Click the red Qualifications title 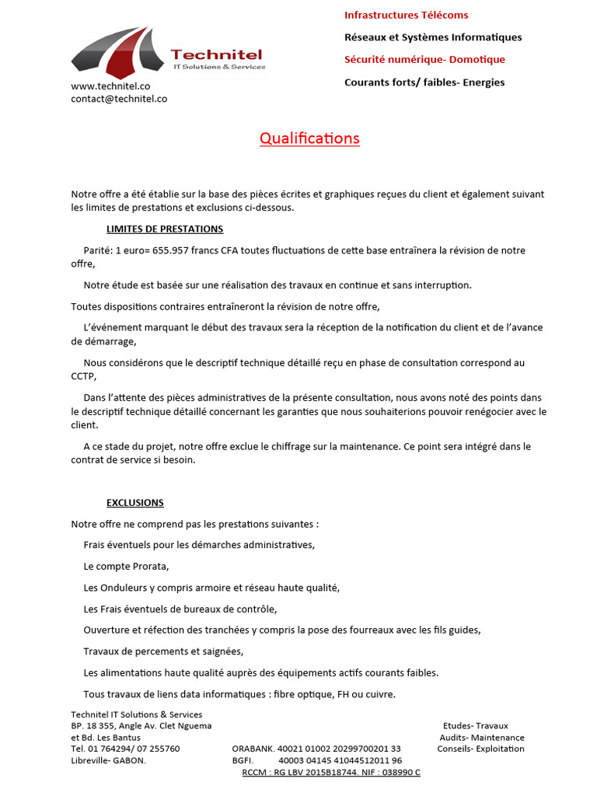point(309,138)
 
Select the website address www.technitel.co point(110,86)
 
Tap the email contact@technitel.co point(119,99)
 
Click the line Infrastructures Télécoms point(406,15)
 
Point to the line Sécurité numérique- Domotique point(424,59)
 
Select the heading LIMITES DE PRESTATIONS point(165,229)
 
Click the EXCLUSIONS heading point(135,503)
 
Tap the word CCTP point(83,376)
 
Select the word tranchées point(232,630)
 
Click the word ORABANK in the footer point(252,749)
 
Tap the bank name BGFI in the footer point(243,760)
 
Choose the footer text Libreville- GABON point(108,760)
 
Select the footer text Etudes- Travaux point(475,726)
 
